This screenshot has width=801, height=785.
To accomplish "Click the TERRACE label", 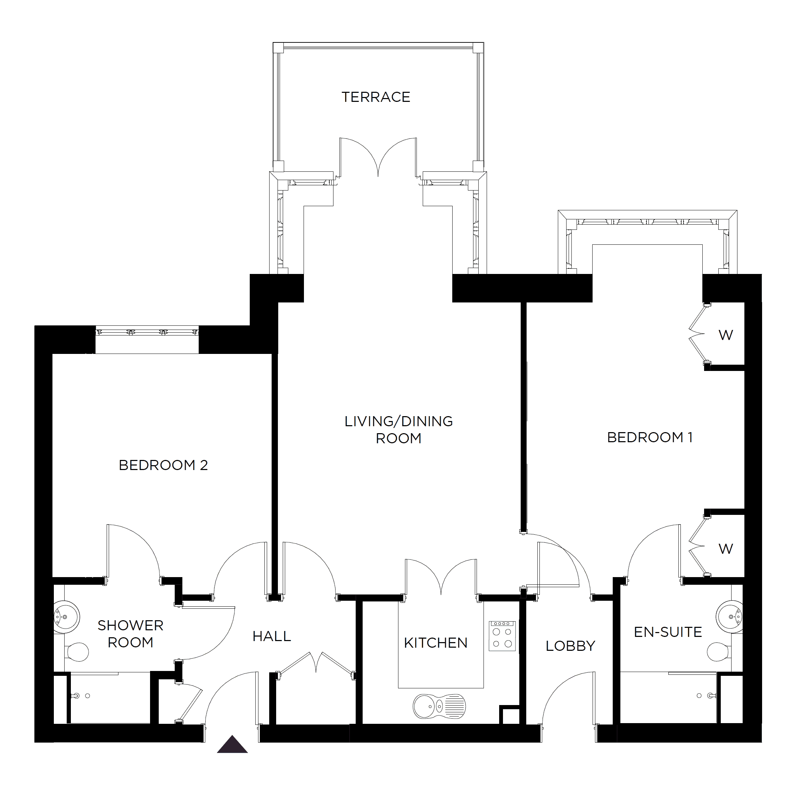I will coord(376,97).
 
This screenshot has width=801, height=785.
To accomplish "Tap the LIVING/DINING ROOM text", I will coord(398,430).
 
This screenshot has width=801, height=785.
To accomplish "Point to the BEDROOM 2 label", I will coord(163,465).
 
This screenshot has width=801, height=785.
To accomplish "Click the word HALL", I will coord(272,636).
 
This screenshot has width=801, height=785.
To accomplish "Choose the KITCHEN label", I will coord(436,643).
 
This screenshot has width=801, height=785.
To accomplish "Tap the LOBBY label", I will coord(570,646).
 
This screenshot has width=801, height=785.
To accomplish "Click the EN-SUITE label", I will coord(668,632).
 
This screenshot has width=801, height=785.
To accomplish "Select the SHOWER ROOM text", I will coord(130,634).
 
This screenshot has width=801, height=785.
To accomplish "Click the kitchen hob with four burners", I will coord(502,636).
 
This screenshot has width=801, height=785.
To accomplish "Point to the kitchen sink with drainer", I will coord(439,706).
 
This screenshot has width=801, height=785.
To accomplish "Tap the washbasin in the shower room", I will coord(66,617).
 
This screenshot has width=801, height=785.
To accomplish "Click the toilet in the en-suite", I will coord(718,652).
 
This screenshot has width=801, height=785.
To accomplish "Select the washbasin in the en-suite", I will coord(730,617).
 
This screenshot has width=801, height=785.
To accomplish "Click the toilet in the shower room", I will coord(77,652).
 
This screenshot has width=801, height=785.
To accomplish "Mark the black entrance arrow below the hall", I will coord(232,744).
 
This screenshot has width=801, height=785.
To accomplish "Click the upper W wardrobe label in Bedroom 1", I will coord(726,335).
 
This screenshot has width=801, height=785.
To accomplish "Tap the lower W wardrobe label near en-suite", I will coord(726,549).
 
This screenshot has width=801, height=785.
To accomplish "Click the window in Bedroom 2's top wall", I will coord(147,332).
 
